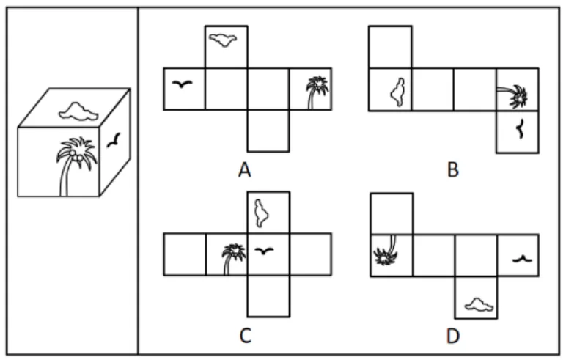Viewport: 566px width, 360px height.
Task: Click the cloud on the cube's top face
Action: (x=78, y=111)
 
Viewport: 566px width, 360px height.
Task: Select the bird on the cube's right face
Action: (x=114, y=140)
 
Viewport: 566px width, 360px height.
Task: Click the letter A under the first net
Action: (x=244, y=169)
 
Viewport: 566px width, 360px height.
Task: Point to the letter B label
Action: (x=453, y=169)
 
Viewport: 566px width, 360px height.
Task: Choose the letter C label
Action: (x=245, y=336)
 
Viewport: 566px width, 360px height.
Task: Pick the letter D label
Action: (x=453, y=336)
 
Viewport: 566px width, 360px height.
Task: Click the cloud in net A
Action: (x=224, y=40)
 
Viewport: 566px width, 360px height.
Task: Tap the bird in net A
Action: (x=183, y=84)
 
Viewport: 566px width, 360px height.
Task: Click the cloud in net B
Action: (x=398, y=92)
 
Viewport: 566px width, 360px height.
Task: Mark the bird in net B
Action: (x=520, y=129)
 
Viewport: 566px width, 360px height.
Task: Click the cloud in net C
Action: (x=261, y=213)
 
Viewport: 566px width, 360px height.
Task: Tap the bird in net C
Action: (x=264, y=251)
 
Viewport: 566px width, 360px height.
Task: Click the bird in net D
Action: (x=522, y=259)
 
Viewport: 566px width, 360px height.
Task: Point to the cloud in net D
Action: (x=479, y=305)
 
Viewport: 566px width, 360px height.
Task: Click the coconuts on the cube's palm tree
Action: (x=76, y=155)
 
